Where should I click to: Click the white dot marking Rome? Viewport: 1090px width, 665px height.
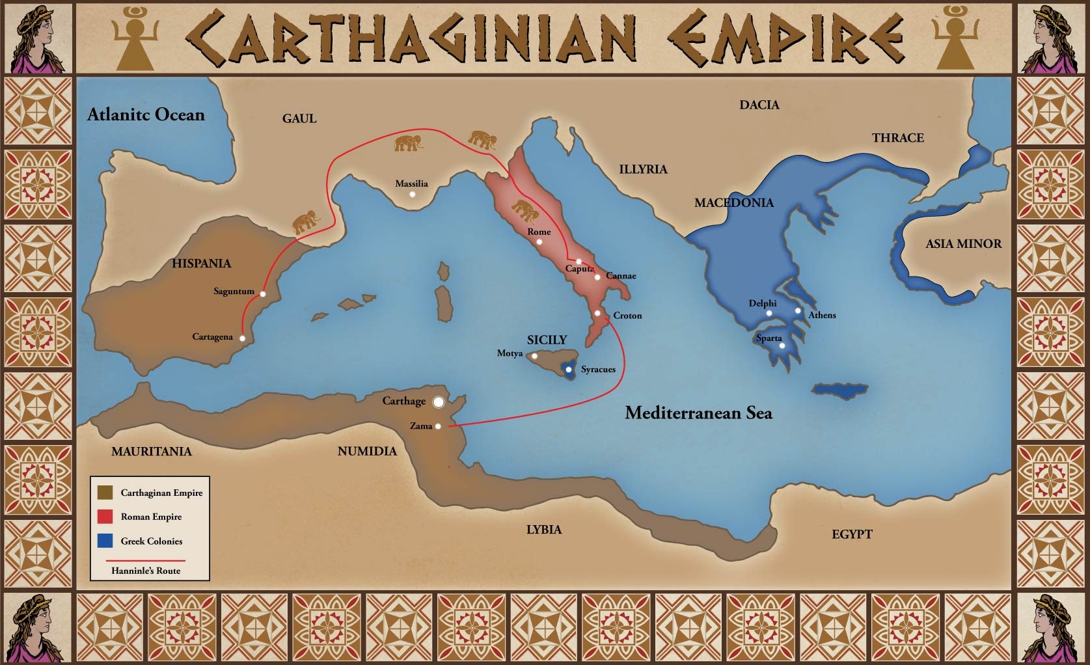coord(539,242)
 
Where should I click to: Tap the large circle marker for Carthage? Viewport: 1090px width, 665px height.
coord(439,402)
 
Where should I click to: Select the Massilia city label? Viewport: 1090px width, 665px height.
coord(411,183)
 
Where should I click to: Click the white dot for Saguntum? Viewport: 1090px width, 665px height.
coord(263,294)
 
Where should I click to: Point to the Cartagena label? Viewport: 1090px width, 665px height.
coord(212,337)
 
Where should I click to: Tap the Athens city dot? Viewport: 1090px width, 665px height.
coord(798,310)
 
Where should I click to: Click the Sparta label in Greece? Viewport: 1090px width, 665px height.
coord(769,338)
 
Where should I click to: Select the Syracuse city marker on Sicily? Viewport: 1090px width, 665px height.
coord(569,370)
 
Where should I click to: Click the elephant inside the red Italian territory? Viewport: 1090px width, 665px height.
coord(525,211)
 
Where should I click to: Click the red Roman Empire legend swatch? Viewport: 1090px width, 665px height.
coord(105,517)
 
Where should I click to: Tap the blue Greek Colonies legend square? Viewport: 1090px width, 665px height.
coord(105,541)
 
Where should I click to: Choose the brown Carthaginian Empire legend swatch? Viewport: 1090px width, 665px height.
coord(105,493)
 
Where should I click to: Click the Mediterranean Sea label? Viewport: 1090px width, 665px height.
coord(698,413)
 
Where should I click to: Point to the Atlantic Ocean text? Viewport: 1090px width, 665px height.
coord(146,115)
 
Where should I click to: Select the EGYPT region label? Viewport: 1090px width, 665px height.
coord(851,534)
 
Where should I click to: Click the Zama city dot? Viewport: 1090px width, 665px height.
coord(438,426)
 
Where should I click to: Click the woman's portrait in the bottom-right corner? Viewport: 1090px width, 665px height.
coord(1050,629)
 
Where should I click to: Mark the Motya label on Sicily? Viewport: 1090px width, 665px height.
coord(510,353)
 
